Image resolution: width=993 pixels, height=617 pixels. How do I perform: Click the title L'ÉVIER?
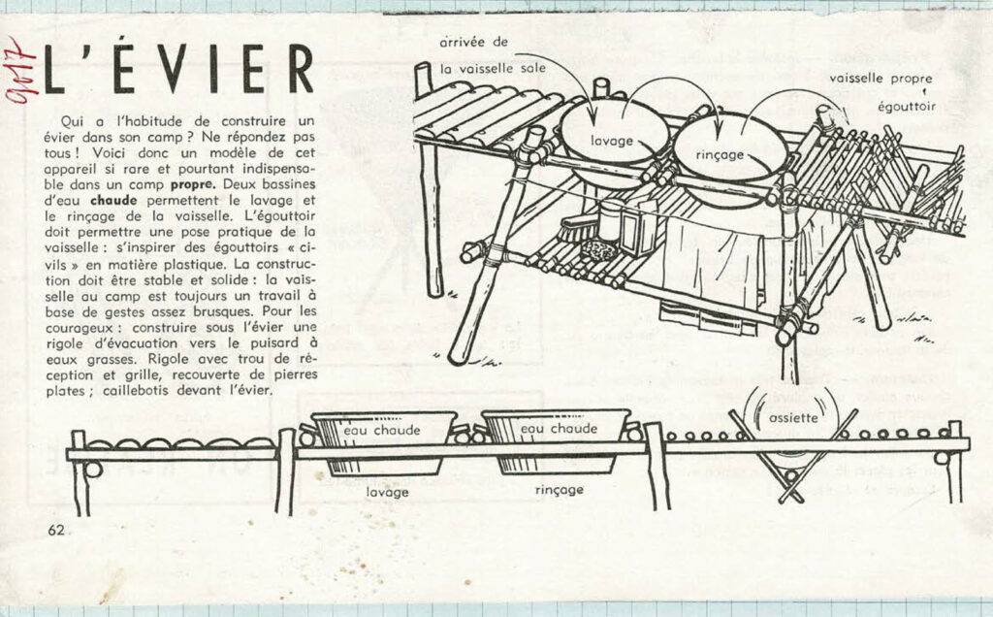pyautogui.click(x=179, y=69)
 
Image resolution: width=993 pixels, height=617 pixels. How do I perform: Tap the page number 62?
pyautogui.click(x=55, y=531)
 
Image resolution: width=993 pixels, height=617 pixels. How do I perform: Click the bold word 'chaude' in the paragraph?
pyautogui.click(x=114, y=200)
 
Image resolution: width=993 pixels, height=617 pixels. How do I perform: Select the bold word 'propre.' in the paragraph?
pyautogui.click(x=193, y=185)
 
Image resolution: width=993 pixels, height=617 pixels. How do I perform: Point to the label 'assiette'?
pyautogui.click(x=793, y=418)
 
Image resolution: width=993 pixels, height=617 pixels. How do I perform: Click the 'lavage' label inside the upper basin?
pyautogui.click(x=611, y=141)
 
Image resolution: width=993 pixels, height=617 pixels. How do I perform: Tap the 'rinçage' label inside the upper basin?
pyautogui.click(x=720, y=154)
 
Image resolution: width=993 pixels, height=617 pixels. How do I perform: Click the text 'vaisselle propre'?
pyautogui.click(x=881, y=79)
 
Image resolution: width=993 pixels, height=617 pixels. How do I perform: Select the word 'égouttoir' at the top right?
pyautogui.click(x=907, y=107)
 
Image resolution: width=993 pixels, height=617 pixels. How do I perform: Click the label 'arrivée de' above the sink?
pyautogui.click(x=473, y=43)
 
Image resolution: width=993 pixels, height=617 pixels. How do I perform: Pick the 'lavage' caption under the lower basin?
pyautogui.click(x=387, y=492)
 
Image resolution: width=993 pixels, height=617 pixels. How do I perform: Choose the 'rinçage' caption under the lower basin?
pyautogui.click(x=560, y=490)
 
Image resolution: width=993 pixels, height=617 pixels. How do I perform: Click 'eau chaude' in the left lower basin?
pyautogui.click(x=382, y=430)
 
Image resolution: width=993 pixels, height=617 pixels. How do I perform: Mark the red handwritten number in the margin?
pyautogui.click(x=20, y=70)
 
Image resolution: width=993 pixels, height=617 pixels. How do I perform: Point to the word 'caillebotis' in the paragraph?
pyautogui.click(x=137, y=391)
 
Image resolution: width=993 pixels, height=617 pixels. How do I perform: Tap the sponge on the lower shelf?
pyautogui.click(x=598, y=249)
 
